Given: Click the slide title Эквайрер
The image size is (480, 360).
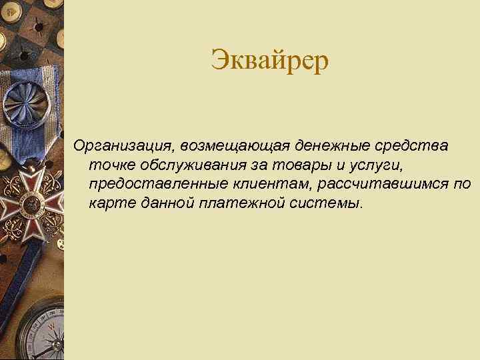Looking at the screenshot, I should pyautogui.click(x=270, y=62).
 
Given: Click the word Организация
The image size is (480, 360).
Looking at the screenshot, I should pyautogui.click(x=122, y=145).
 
